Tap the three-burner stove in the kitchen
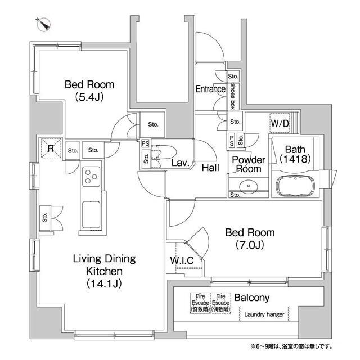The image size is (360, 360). pyautogui.click(x=91, y=177)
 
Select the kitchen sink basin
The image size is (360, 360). pyautogui.click(x=91, y=214)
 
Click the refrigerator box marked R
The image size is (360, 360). pyautogui.click(x=51, y=148)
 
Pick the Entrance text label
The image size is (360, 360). pyautogui.click(x=210, y=89)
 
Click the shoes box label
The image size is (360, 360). pyautogui.click(x=232, y=96)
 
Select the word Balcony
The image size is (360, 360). pyautogui.click(x=251, y=298)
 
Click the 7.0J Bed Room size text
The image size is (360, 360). pyautogui.click(x=250, y=245)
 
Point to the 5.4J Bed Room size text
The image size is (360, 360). pyautogui.click(x=89, y=97)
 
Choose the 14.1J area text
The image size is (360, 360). pyautogui.click(x=103, y=283)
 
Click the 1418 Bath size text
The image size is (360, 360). pyautogui.click(x=294, y=160)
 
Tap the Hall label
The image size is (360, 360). pyautogui.click(x=210, y=167)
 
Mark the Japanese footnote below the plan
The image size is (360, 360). pyautogui.click(x=291, y=345)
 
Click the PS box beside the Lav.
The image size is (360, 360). pyautogui.click(x=146, y=143)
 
